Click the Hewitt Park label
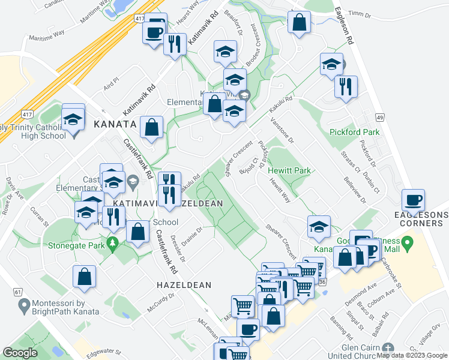290,171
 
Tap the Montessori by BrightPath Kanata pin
24,307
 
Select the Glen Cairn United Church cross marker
388,348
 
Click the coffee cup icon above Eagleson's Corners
412,200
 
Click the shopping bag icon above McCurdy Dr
84,276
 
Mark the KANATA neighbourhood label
115,124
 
